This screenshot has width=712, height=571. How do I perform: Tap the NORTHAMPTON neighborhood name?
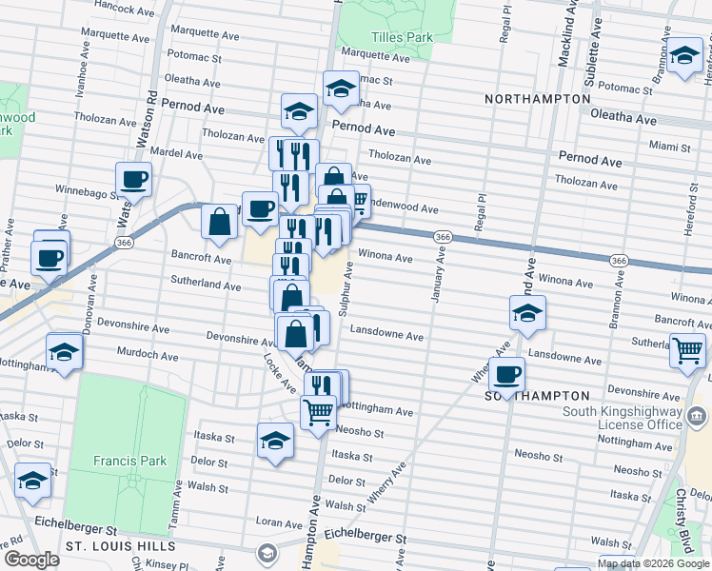pos(537,99)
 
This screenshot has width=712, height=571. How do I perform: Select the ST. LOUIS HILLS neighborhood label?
pos(120,547)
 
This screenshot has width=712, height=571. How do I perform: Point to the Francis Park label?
pos(129,461)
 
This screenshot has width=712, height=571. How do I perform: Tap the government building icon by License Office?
pos(696,416)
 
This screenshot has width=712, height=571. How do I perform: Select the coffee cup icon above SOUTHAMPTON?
pos(507,373)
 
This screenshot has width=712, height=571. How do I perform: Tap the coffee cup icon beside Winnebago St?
pos(133,178)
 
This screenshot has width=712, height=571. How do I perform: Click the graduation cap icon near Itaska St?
pos(275,440)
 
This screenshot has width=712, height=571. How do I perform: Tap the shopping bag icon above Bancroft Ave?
pos(220,222)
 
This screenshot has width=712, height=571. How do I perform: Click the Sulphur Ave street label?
pos(348,291)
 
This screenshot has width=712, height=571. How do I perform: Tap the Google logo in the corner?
pos(30,560)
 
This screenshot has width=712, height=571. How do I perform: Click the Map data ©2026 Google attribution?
pos(652,563)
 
